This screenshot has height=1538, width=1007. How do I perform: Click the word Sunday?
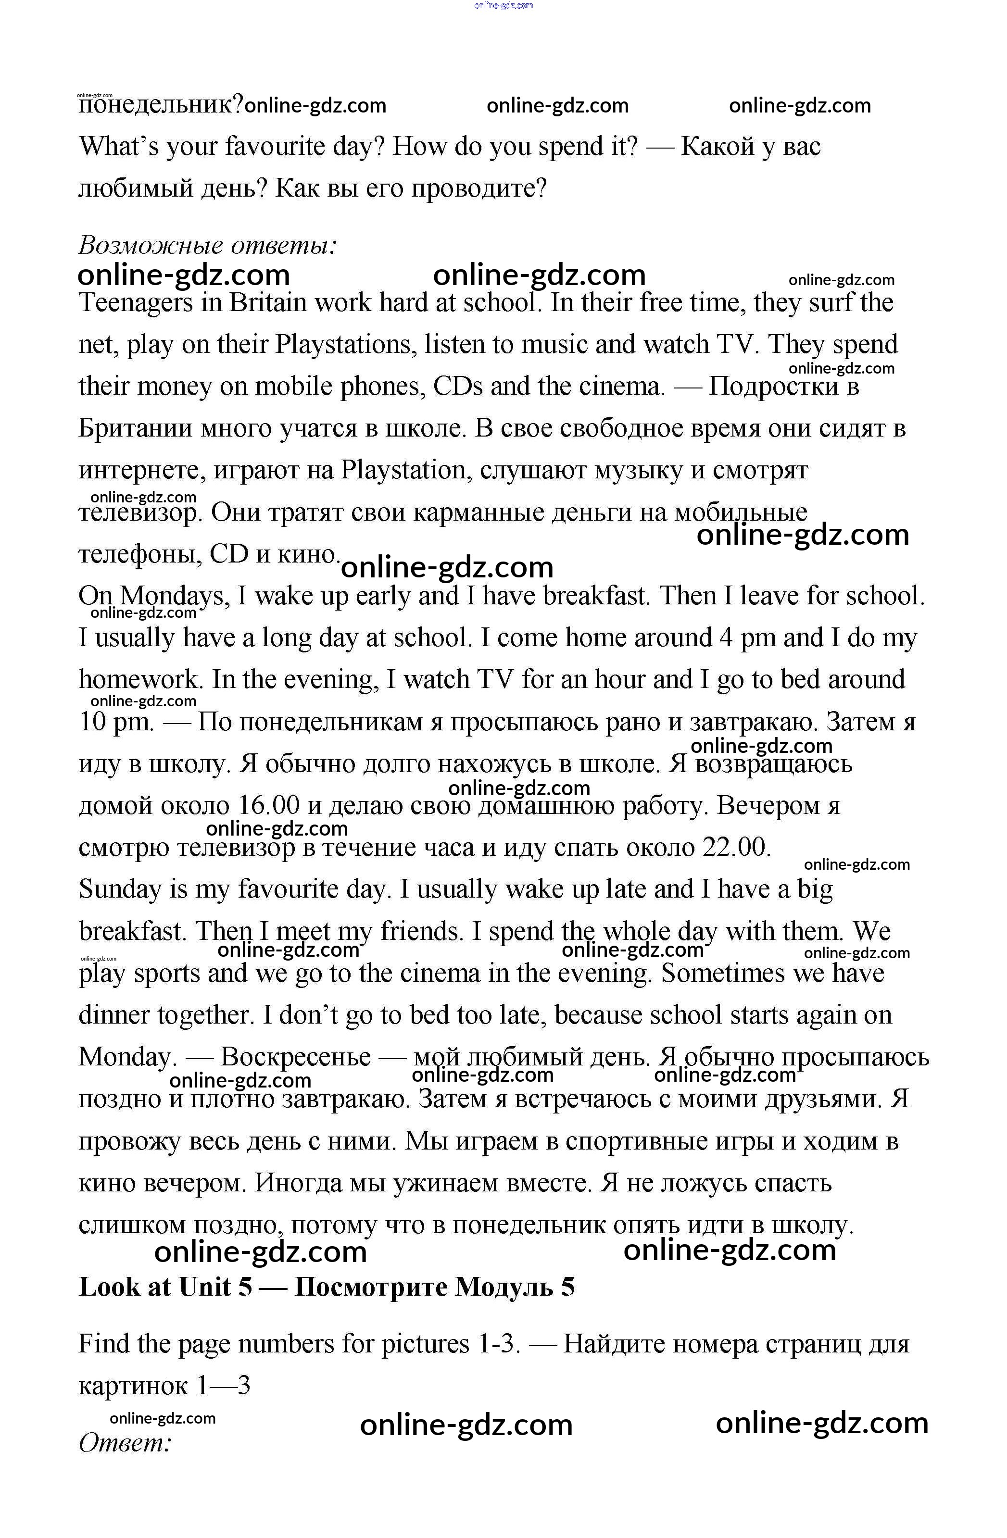coord(120,890)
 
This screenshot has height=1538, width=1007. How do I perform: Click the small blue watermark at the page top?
coord(503,5)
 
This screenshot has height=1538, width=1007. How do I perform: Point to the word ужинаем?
coord(448,1183)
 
